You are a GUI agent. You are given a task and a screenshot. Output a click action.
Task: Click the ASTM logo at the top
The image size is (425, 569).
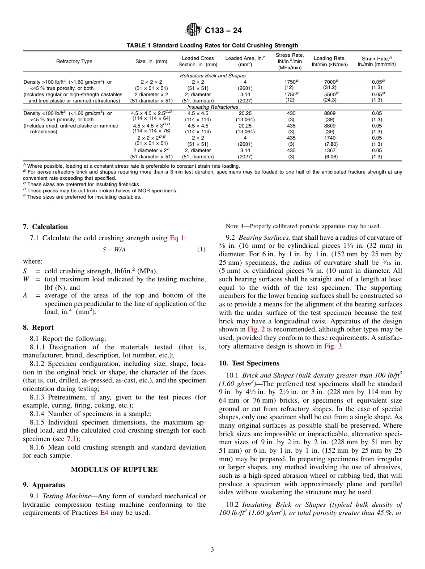193,30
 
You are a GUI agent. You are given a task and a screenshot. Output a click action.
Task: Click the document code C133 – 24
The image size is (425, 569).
223,31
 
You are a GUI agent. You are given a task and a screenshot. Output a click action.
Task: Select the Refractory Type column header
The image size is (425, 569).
74,61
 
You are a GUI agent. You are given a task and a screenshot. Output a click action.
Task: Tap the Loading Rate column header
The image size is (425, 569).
329,61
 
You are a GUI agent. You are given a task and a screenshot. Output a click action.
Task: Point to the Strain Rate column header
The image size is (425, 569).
376,61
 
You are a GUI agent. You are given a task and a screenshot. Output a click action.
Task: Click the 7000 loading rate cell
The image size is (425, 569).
329,82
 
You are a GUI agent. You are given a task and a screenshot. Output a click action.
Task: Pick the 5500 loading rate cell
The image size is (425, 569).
329,94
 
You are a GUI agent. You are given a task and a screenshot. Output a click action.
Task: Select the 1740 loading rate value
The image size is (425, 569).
329,138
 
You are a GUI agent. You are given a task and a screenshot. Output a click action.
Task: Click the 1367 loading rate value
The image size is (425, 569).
329,151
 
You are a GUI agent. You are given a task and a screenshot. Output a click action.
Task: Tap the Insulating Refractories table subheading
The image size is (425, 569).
212,107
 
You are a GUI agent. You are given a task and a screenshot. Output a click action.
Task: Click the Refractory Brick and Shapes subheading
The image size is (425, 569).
212,76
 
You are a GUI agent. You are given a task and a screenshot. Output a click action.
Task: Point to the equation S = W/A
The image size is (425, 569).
114,250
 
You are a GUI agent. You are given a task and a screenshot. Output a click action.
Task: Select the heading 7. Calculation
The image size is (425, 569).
45,227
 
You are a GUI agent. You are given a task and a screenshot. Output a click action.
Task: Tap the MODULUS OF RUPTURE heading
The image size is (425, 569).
114,469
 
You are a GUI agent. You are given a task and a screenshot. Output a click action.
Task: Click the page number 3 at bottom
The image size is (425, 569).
212,550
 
